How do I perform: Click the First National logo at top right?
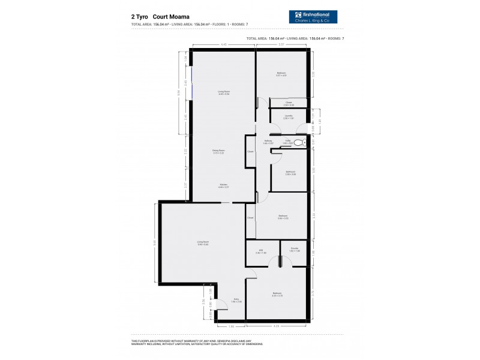[x=313, y=17]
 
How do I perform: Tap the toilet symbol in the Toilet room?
[x=304, y=143]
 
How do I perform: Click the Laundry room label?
[x=289, y=117]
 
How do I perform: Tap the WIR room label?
[x=262, y=251]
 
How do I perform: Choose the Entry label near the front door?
[x=236, y=300]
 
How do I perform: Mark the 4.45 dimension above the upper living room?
[x=223, y=44]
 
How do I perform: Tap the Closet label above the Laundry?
[x=289, y=103]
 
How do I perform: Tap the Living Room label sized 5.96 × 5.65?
[x=202, y=243]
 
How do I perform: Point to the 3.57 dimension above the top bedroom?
[x=281, y=44]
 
